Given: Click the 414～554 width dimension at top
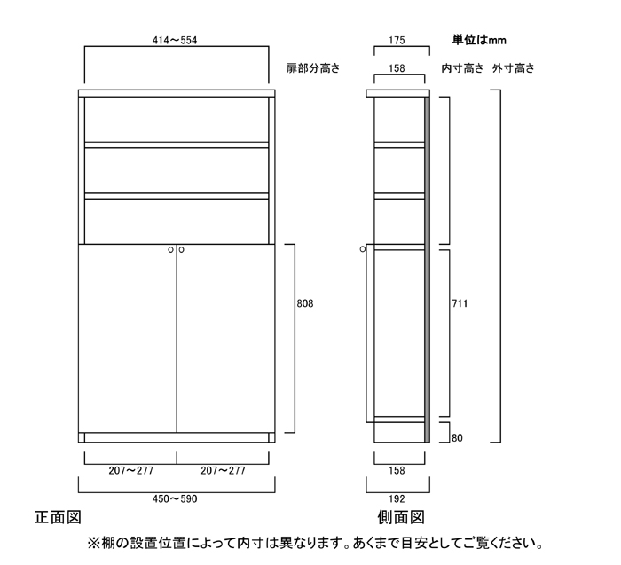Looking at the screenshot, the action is coord(175,41).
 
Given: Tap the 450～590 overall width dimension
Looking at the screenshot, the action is coord(175,498).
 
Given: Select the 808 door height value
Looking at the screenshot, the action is coord(305,303).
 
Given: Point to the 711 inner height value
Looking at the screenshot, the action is coord(460,303).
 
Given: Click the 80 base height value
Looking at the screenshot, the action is coord(457,438).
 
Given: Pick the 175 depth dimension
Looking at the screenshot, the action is coord(397,41).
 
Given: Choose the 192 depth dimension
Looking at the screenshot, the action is coord(397,498).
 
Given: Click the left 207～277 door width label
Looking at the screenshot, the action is coord(130,470).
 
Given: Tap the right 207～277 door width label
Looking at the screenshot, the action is coord(223,470).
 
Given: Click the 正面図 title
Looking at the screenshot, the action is coord(58,517).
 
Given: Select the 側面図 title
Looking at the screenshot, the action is coord(401,517).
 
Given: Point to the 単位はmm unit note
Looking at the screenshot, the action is coord(479,40).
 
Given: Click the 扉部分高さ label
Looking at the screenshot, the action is coord(313,68).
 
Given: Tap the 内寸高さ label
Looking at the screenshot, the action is coord(462,68).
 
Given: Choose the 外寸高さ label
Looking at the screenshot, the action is coord(514,68).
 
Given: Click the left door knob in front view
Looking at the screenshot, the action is coord(170,250).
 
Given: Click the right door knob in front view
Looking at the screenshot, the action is coord(181,250).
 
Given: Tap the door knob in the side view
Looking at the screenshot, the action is coord(363,249).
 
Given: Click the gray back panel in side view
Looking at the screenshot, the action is coord(427,270).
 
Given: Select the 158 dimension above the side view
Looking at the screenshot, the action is coord(397,68).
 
